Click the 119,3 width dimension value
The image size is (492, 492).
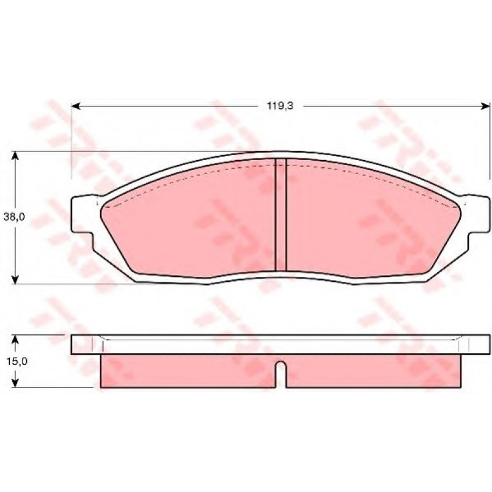pyautogui.click(x=280, y=106)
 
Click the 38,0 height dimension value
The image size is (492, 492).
pyautogui.click(x=14, y=217)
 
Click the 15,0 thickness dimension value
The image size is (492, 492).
pyautogui.click(x=17, y=361)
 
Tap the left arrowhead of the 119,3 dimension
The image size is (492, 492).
pyautogui.click(x=76, y=106)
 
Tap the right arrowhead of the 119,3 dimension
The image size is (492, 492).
pyautogui.click(x=485, y=106)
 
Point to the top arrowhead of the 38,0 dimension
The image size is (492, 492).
pyautogui.click(x=15, y=156)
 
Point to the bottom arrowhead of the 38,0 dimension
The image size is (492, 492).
pyautogui.click(x=15, y=279)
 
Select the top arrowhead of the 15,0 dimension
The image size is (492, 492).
pyautogui.click(x=15, y=339)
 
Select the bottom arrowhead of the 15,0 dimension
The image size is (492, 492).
pyautogui.click(x=15, y=383)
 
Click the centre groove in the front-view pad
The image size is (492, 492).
pyautogui.click(x=281, y=215)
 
